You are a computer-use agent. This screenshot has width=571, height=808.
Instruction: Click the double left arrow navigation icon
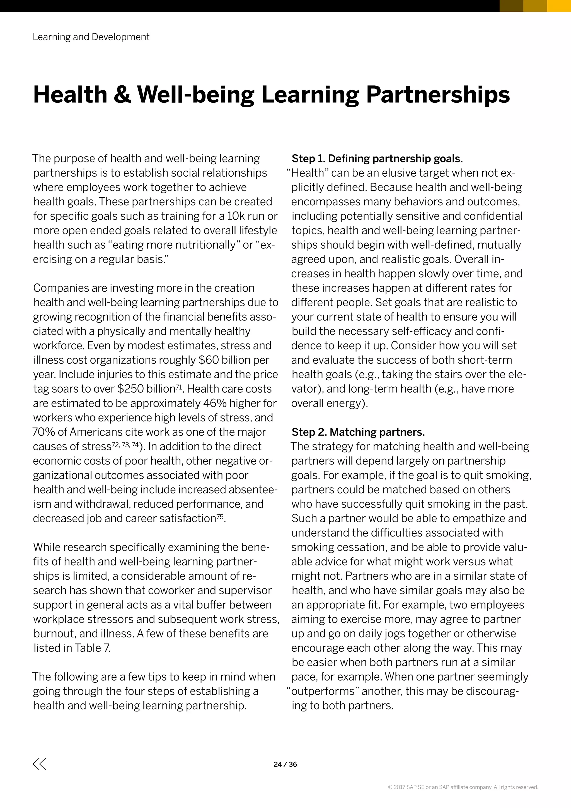point(39,764)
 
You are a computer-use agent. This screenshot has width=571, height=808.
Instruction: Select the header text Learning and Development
point(91,37)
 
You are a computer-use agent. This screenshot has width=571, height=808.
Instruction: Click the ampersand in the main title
point(122,95)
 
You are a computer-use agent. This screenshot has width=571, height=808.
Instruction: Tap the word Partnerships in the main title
point(438,95)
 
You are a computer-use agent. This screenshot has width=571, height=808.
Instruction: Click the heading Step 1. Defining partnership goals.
point(377,159)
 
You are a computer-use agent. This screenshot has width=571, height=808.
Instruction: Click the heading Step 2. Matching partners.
point(358,432)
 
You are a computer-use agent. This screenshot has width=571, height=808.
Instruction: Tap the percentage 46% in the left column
point(215,403)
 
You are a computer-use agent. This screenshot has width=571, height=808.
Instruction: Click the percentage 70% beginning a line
point(43,432)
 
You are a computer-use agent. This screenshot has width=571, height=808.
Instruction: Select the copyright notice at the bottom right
point(463,787)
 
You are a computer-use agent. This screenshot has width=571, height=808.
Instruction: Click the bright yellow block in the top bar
point(559,6)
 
